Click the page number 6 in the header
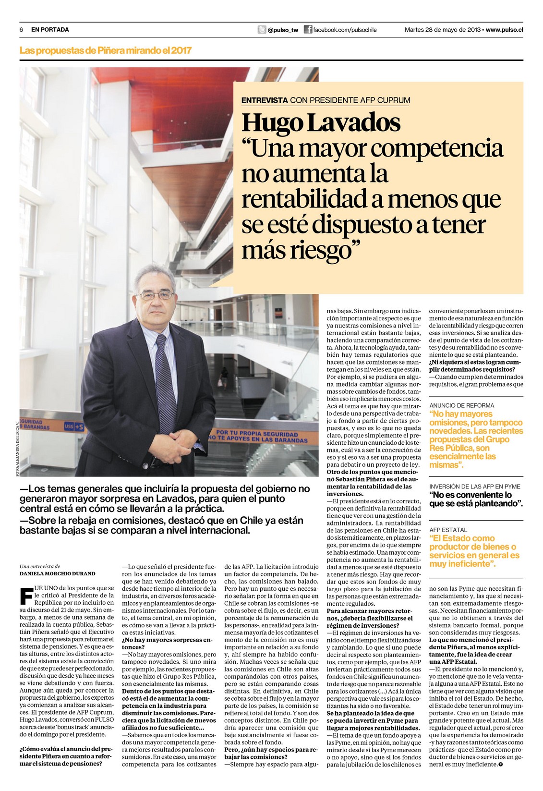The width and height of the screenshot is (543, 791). tap(22, 30)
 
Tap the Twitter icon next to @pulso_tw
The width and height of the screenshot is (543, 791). tap(262, 30)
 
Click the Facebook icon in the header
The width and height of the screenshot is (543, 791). tap(308, 30)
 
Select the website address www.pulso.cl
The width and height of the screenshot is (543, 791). tap(504, 30)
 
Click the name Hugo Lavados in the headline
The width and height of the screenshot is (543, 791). tap(321, 122)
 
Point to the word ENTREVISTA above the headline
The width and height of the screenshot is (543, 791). tap(265, 100)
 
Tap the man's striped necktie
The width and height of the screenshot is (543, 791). tap(165, 379)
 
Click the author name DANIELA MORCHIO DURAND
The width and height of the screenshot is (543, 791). tap(57, 573)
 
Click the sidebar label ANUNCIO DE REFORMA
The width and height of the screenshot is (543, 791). tap(461, 405)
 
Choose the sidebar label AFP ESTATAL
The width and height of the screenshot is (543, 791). tap(448, 530)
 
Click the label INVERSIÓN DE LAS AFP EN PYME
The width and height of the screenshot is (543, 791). tap(475, 487)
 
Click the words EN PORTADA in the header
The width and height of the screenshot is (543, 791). tap(50, 30)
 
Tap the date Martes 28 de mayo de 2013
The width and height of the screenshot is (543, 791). tap(442, 30)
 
